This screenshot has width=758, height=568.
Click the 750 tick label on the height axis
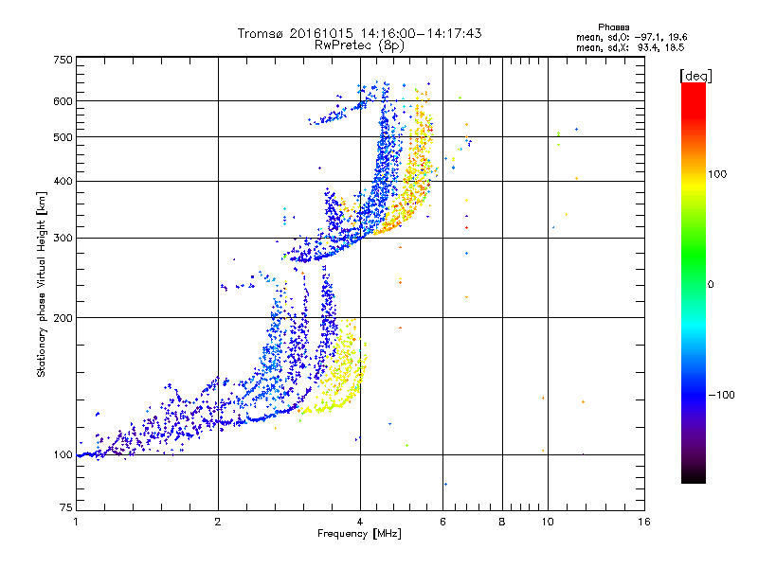click(x=63, y=60)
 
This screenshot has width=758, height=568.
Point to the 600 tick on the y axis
click(x=63, y=101)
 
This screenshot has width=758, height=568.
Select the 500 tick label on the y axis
click(x=63, y=137)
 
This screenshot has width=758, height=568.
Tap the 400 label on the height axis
click(x=63, y=181)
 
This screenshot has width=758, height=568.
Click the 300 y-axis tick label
click(x=63, y=238)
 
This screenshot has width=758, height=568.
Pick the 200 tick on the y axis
click(x=63, y=318)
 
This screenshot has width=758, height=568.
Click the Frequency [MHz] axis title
click(x=360, y=536)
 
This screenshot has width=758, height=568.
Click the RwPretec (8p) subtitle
click(x=360, y=44)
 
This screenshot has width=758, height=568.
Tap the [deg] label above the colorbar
click(x=695, y=75)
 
